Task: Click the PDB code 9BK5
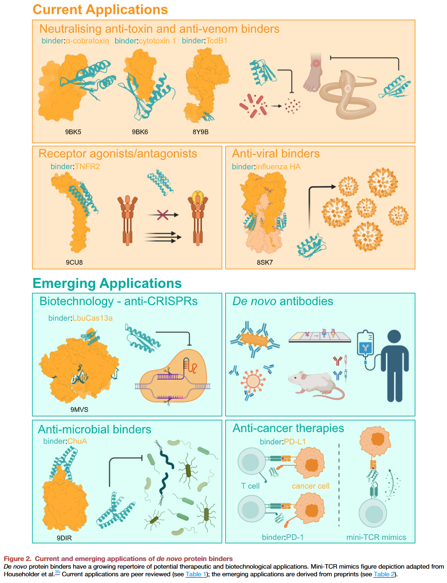(x=73, y=132)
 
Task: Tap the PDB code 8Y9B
(x=200, y=132)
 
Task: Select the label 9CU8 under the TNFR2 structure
(x=74, y=262)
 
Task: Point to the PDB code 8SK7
(x=265, y=262)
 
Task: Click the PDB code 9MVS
(x=79, y=410)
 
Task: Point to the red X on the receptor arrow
(x=163, y=215)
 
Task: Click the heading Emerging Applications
(x=107, y=283)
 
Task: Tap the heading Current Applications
(x=100, y=9)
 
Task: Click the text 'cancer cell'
(x=310, y=486)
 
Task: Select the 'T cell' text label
(x=250, y=486)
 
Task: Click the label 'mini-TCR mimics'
(x=376, y=537)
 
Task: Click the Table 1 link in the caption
(x=196, y=574)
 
